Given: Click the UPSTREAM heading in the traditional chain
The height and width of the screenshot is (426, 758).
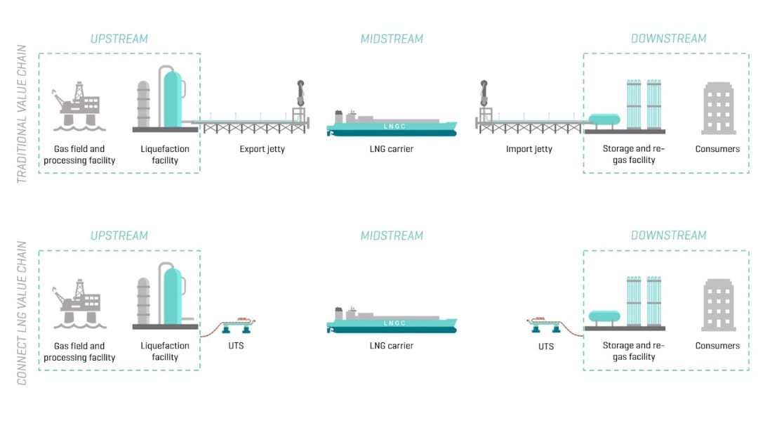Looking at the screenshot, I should coord(119,39).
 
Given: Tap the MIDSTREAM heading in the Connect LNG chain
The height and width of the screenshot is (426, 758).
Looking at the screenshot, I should coord(392,235).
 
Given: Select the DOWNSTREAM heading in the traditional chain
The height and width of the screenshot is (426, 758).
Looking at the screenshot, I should coord(668,39).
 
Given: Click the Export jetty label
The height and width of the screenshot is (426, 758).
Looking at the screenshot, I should coord(262,149).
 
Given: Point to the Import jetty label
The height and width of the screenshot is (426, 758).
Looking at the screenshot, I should coord(529,149).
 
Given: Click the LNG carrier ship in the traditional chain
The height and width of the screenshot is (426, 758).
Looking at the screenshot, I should coord(392,124).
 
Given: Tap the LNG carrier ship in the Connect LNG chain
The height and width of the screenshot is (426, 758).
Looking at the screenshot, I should coord(392,321).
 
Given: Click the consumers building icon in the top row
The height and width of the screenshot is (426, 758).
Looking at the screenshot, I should coord(719,108).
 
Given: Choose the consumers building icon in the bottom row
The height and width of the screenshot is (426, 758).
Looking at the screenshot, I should coord(719,304).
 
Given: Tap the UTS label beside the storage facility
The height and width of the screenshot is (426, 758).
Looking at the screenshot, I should coord(546,346).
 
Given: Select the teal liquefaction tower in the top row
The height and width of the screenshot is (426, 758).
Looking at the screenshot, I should coord(171,98).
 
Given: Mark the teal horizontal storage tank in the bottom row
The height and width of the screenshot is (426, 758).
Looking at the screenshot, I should coord(604,317).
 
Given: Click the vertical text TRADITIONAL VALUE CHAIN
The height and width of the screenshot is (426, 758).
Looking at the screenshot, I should coord(22,115).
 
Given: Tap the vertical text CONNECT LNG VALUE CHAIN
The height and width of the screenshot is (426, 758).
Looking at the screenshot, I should coord(22,313).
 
